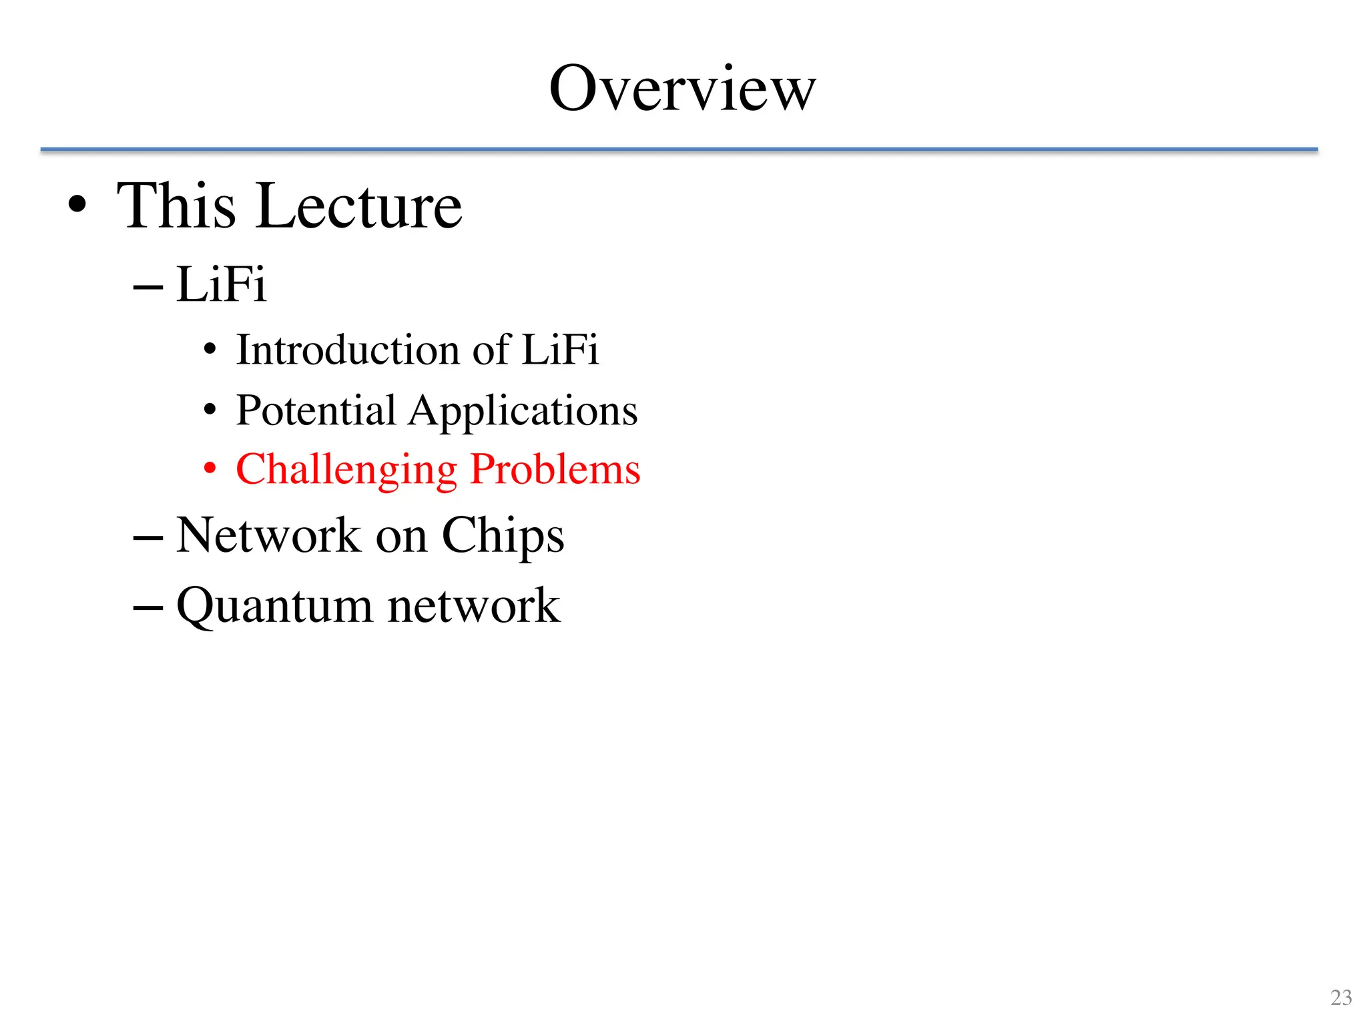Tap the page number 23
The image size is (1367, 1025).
tap(1341, 998)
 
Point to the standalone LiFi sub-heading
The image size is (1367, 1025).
tap(222, 284)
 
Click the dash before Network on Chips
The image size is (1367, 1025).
tap(148, 538)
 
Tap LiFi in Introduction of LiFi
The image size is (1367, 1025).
tap(560, 350)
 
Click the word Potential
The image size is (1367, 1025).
tap(316, 410)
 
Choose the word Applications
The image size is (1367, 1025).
tap(523, 411)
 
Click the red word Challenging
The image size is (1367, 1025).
tap(346, 470)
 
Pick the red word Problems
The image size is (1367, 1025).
tap(555, 470)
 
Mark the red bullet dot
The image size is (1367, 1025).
tap(210, 469)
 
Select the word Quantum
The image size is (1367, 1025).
tap(274, 607)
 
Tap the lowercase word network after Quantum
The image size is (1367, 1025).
tap(474, 607)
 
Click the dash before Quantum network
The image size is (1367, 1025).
tap(148, 608)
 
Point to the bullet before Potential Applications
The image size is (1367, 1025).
tap(210, 410)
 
